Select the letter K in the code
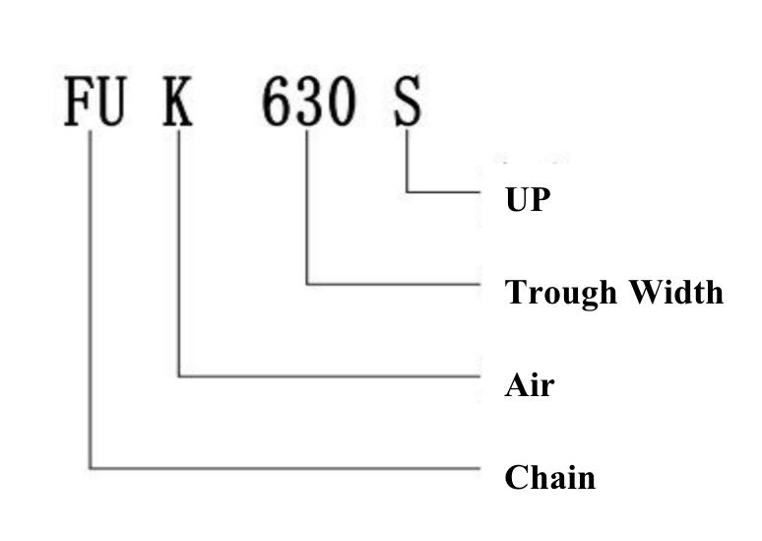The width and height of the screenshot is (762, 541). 177,101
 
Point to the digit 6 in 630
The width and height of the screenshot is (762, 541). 278,101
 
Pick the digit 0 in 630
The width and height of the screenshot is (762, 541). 342,101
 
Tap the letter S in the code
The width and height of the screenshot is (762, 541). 407,101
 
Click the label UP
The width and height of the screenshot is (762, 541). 528,199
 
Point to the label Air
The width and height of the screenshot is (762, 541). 530,385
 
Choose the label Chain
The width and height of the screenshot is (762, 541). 550,477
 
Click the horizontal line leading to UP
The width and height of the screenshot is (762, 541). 443,193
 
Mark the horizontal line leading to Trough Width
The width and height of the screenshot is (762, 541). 394,284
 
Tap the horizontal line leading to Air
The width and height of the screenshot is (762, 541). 330,376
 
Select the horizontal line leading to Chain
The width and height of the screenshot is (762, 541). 286,468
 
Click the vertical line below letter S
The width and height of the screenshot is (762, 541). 408,161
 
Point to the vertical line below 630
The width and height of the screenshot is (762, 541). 307,207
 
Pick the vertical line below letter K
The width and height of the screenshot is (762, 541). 179,252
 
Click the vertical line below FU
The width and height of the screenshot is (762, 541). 91,300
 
